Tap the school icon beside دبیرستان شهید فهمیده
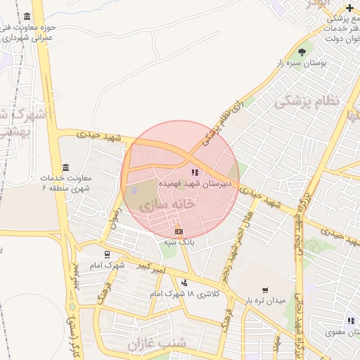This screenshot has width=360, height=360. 195,172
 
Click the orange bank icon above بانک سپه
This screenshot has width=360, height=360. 179,231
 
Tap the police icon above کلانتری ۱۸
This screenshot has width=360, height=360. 184,283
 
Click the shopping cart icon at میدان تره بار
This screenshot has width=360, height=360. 265,290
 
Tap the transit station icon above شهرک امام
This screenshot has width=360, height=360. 107,255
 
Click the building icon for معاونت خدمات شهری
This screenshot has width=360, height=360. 65,167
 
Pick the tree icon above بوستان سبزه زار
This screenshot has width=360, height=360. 302,52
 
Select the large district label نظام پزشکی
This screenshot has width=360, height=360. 307,101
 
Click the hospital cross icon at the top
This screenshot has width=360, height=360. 349,8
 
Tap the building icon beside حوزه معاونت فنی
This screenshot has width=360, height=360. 27,16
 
